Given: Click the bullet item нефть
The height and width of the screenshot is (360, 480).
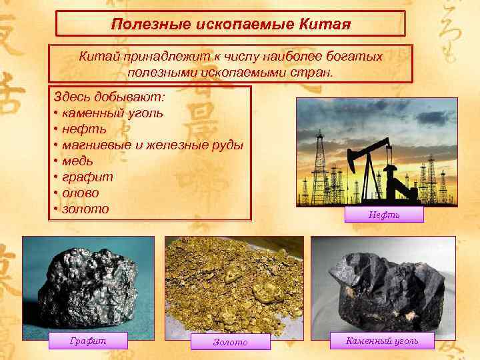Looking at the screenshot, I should [83, 129].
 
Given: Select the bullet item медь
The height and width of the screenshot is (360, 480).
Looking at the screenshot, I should [77, 161].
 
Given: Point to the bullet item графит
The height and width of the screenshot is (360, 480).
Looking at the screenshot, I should [87, 177].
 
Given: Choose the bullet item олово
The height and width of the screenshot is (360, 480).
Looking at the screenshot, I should [80, 193].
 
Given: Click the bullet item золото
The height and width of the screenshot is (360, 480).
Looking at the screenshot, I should [84, 209].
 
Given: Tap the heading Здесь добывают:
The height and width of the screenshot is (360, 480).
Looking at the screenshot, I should [109, 97].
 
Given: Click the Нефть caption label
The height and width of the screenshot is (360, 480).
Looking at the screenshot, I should [384, 215].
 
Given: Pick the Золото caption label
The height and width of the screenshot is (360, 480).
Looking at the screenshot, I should [230, 342].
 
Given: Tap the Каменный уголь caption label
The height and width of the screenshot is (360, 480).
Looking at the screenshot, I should [383, 341].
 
